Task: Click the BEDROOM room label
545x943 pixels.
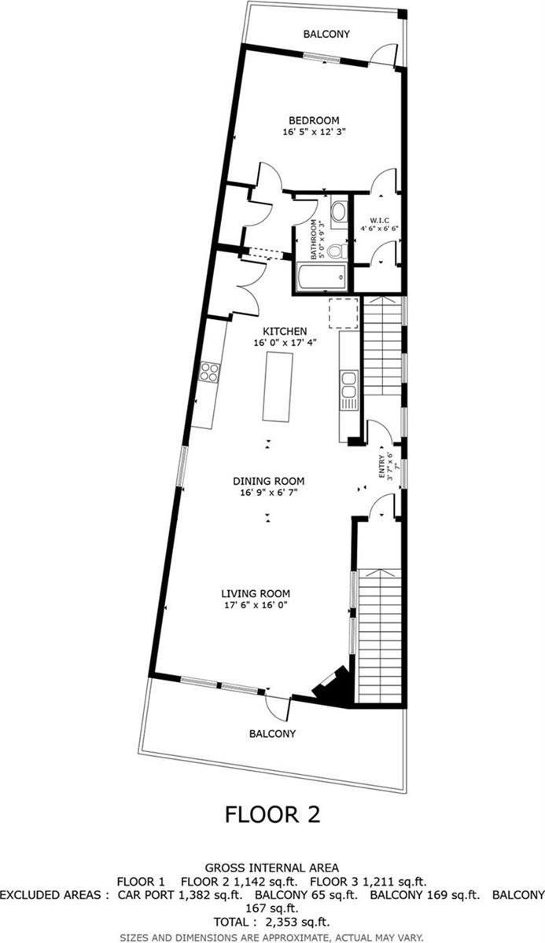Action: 314,120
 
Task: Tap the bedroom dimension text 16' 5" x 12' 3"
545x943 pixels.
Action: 314,132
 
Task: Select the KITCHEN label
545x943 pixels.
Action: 285,331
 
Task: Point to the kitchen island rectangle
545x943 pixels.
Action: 278,387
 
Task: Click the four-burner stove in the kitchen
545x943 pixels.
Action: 209,372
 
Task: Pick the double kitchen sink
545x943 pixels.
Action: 349,384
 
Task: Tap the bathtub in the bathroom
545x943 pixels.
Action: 322,277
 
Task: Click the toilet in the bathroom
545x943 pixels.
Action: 337,251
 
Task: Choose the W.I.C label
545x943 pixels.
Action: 379,220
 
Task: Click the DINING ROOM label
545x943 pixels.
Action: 269,481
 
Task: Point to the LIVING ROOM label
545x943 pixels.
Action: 256,593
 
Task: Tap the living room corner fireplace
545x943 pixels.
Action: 333,686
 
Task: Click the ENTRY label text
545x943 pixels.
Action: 381,466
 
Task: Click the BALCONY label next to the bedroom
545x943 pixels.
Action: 326,34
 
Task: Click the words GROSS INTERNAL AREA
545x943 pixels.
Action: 271,868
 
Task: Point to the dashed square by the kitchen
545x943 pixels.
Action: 344,313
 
